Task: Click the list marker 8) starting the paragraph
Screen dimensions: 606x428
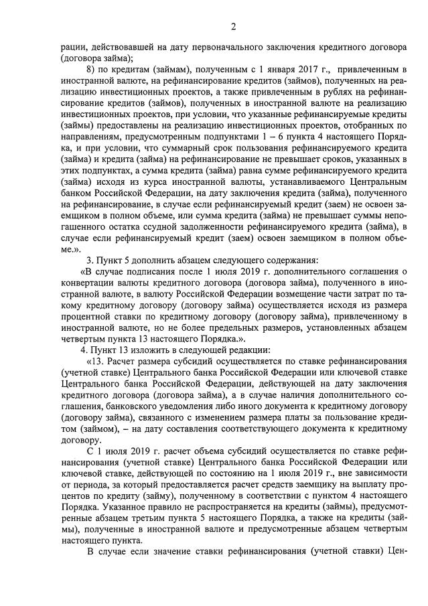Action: [92, 70]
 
